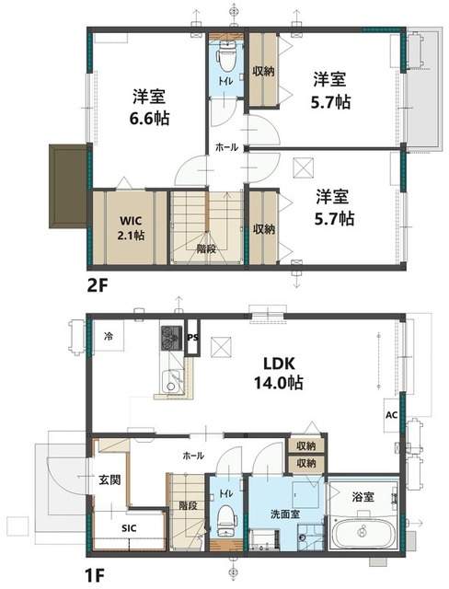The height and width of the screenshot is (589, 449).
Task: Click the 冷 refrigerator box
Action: pos(109,336)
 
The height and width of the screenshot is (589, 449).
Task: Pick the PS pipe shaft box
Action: pos(193,336)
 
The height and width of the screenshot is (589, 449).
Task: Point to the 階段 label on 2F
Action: pos(206,247)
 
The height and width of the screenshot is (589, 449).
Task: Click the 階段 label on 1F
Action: pos(187,505)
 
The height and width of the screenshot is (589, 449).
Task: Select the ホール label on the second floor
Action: pos(226,147)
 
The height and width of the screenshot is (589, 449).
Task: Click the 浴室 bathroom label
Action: pos(363,496)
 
